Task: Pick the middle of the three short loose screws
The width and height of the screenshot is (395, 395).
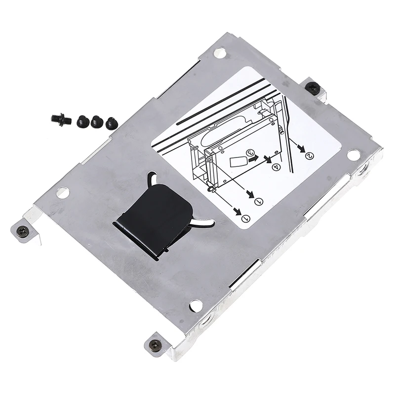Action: [97, 121]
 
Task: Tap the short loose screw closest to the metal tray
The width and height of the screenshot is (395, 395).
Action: [112, 123]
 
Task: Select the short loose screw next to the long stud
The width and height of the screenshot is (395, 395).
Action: [82, 120]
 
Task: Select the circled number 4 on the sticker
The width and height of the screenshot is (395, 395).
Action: [276, 167]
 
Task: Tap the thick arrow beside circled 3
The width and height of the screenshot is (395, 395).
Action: [253, 160]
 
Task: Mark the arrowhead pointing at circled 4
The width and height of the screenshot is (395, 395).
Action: [268, 159]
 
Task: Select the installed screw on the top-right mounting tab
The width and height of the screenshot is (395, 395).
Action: [313, 88]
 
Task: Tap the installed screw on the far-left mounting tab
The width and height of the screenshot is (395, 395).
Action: [23, 231]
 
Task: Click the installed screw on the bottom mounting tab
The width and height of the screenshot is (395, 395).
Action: [155, 343]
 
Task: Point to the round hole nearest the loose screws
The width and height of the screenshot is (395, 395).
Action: [62, 193]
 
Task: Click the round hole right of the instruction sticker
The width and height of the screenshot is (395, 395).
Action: [353, 155]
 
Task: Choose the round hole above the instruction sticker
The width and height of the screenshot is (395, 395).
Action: [220, 52]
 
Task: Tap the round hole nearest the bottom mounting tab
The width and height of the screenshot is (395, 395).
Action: [196, 306]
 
